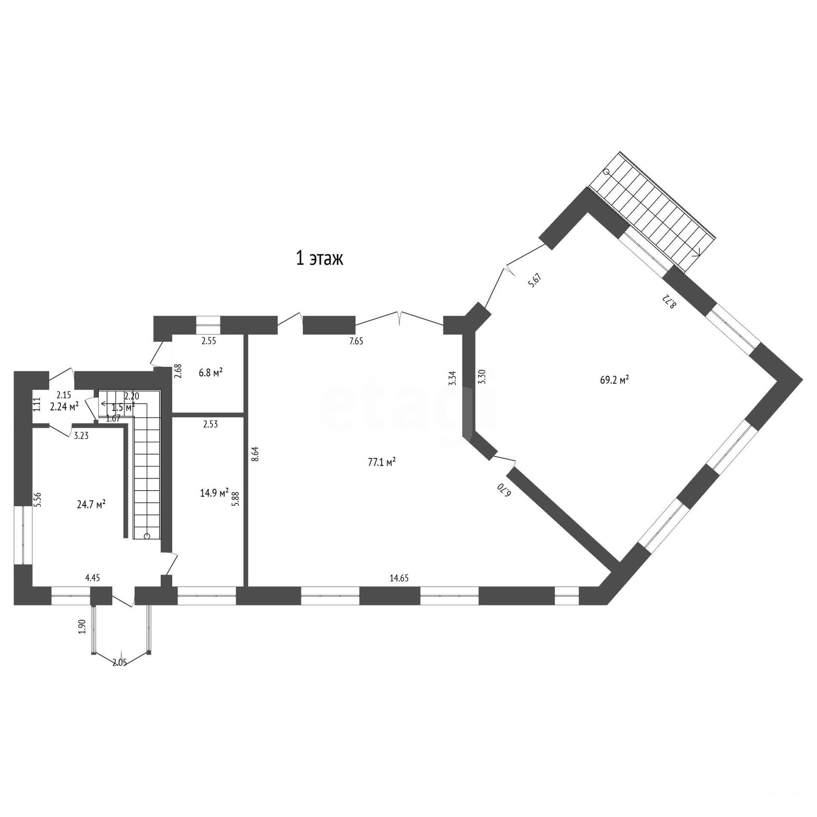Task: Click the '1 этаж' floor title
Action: coord(319,259)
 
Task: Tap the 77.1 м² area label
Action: coord(382,462)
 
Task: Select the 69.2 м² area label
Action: coord(614,380)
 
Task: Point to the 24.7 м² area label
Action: coord(91,504)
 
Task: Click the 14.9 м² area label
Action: coord(214,493)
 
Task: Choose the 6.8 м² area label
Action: coord(211,373)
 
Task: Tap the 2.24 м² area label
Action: coord(64,407)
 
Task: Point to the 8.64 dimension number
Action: coord(255,454)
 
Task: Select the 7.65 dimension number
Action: coord(356,341)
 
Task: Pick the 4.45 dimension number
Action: coord(92,577)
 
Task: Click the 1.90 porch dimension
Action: coord(83,626)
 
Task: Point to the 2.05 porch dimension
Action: coord(120,663)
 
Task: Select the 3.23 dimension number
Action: coord(81,435)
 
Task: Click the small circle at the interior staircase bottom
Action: coord(147,536)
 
